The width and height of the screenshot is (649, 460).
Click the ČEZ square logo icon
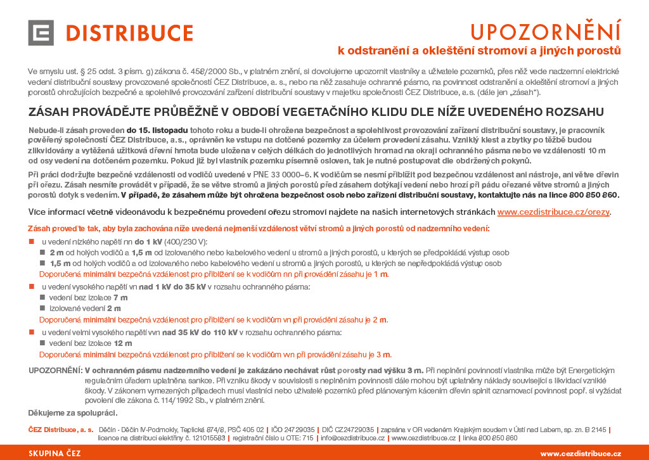coord(41,32)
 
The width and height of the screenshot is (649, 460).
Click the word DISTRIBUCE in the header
coord(129,33)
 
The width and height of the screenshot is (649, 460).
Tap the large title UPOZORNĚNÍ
coord(545,31)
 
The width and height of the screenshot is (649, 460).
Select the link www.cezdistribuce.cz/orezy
coord(555,212)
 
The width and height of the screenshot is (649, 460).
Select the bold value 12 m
coord(123,343)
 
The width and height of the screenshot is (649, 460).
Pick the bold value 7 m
coord(120,297)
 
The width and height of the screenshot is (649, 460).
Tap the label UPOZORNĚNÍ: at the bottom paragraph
coord(55,370)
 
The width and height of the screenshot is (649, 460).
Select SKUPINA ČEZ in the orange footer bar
coord(55,453)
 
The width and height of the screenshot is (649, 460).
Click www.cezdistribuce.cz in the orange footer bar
coord(580,453)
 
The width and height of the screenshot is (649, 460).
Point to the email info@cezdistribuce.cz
coord(352,438)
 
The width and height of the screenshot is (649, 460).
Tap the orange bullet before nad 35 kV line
coord(31,332)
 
